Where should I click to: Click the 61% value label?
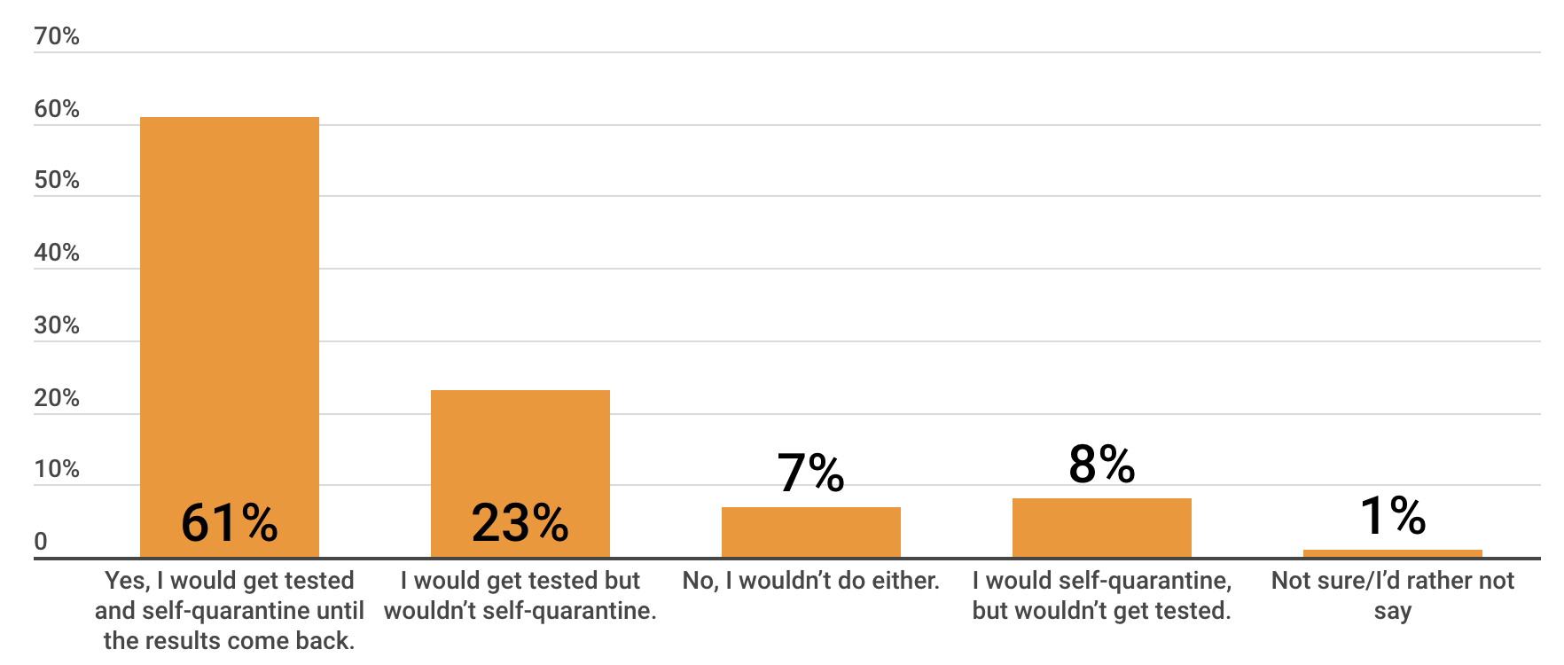click(x=230, y=522)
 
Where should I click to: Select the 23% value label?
click(x=520, y=522)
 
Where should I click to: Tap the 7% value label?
click(x=810, y=473)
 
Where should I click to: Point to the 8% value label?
click(x=1101, y=464)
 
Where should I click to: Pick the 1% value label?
click(x=1392, y=515)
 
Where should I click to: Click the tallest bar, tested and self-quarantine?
click(x=230, y=310)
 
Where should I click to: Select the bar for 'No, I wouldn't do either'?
click(x=810, y=532)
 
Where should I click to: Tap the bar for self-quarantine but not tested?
click(x=1101, y=528)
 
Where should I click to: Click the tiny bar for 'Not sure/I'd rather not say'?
click(x=1392, y=554)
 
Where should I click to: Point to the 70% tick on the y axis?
click(x=57, y=36)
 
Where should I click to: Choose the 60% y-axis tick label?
click(x=57, y=109)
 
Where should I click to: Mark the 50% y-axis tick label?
click(x=57, y=180)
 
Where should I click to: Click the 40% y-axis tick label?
click(x=57, y=253)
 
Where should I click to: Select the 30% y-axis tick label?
click(x=57, y=325)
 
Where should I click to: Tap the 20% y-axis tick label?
click(x=57, y=398)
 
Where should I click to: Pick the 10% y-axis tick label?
click(x=57, y=469)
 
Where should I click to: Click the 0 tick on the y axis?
click(x=41, y=542)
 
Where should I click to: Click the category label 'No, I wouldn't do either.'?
click(x=810, y=581)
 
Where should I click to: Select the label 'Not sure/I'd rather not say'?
click(x=1392, y=595)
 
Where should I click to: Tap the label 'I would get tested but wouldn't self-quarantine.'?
click(x=520, y=595)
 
